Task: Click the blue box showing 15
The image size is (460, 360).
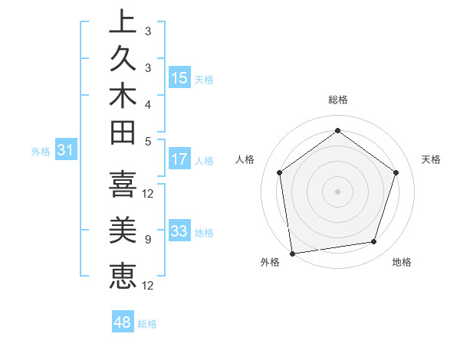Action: coord(179,77)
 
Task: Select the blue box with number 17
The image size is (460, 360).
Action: coord(179,159)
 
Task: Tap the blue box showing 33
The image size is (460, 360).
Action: coord(179,231)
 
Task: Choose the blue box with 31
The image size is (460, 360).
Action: coord(65,151)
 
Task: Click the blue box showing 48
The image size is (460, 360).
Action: coord(123,322)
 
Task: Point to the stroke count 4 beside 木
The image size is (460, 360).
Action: coord(148,103)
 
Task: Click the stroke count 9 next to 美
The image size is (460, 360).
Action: coord(148,239)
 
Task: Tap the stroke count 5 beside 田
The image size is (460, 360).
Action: coord(148,140)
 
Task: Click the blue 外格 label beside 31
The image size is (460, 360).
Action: coord(41,152)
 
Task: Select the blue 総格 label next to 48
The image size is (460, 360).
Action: coord(147,324)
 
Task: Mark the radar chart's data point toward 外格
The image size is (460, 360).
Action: coord(292,253)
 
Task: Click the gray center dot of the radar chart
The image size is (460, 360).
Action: coord(337,191)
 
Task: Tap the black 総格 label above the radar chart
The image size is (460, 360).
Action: coord(337,100)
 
